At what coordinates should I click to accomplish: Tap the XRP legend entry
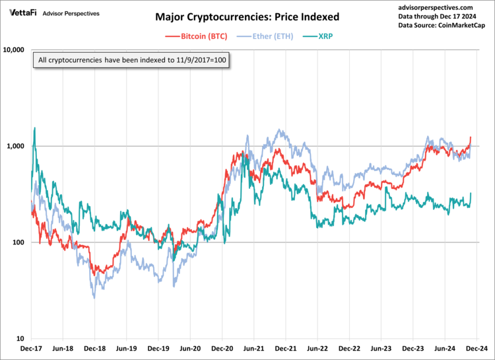pyautogui.click(x=325, y=37)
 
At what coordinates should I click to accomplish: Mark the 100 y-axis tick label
pyautogui.click(x=18, y=242)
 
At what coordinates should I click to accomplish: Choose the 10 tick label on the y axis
pyautogui.click(x=20, y=339)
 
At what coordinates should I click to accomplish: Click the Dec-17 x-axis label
pyautogui.click(x=31, y=347)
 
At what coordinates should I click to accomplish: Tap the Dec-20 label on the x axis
pyautogui.click(x=222, y=347)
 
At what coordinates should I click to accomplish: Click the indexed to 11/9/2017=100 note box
pyautogui.click(x=132, y=60)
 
